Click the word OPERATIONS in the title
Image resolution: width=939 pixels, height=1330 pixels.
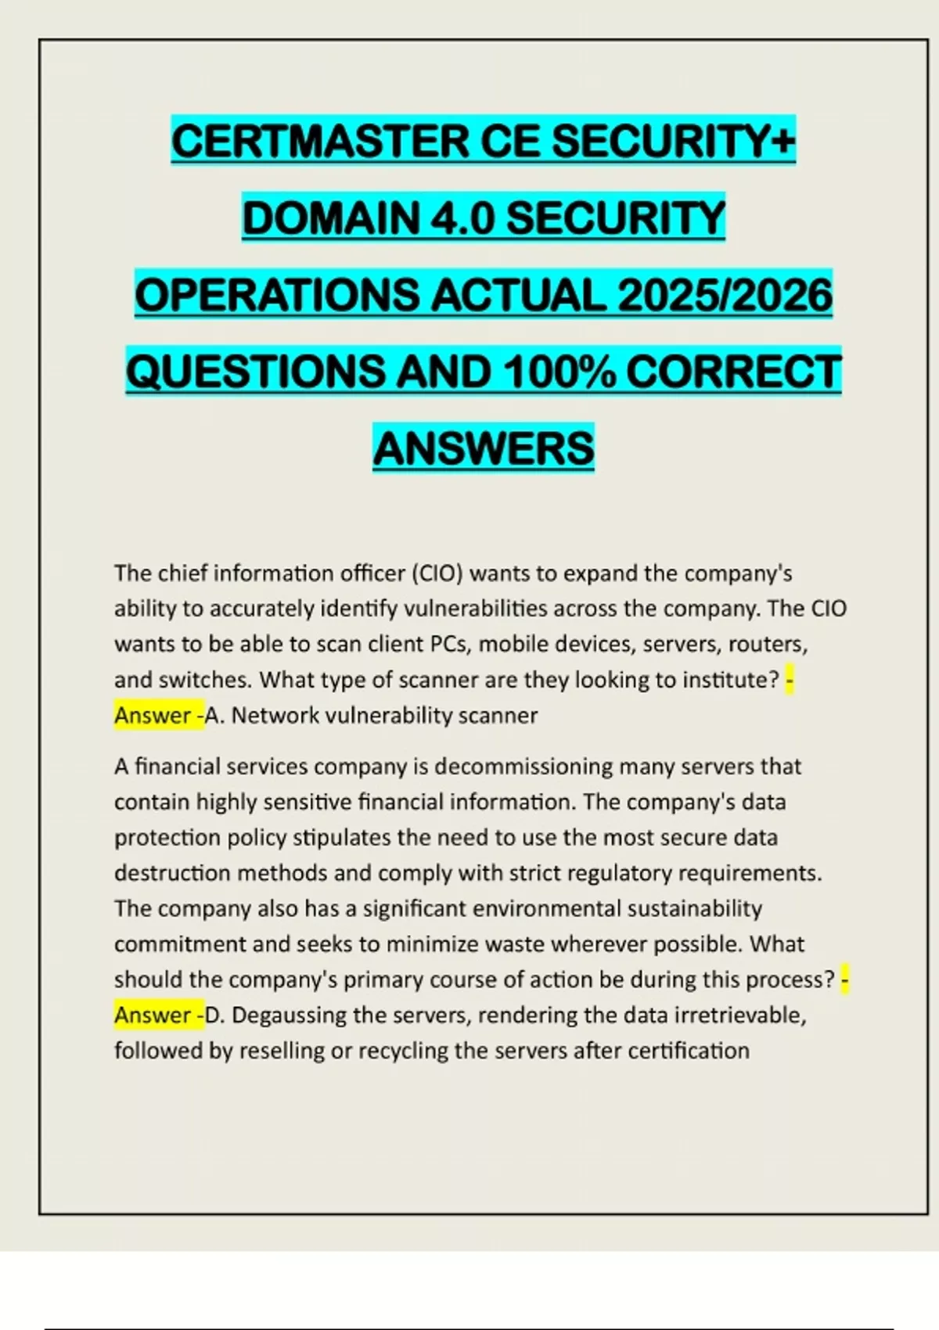(x=275, y=295)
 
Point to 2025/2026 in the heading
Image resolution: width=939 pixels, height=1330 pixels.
(x=725, y=295)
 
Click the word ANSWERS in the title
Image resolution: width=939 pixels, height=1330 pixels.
(x=484, y=448)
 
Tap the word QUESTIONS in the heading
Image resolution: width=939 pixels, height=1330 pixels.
(x=255, y=372)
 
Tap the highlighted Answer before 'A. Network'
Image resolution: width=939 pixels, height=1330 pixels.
(x=153, y=715)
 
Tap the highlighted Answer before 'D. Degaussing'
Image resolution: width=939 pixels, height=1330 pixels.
(x=153, y=1015)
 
